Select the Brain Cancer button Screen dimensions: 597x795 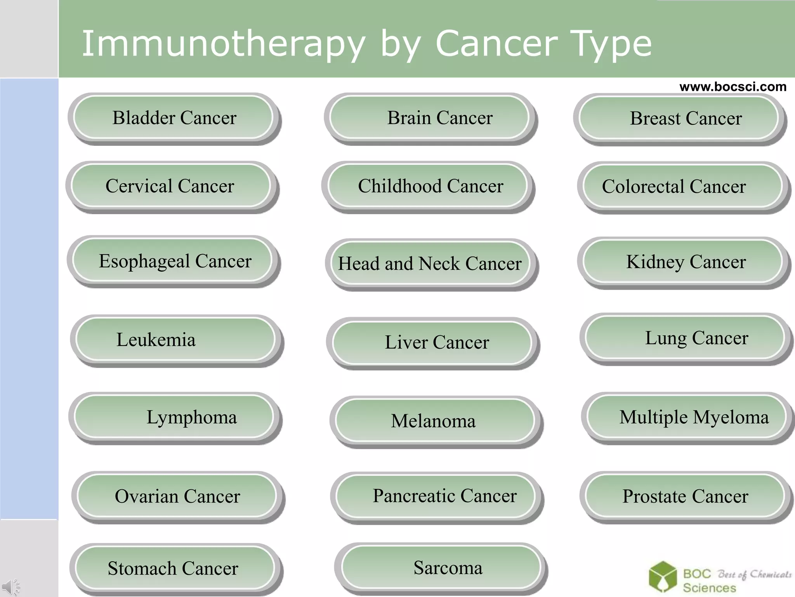[x=430, y=118]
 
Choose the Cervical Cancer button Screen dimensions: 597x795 [x=171, y=186]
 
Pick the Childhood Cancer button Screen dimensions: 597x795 [x=427, y=186]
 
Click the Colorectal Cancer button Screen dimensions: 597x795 [x=682, y=186]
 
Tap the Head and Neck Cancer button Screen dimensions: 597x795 [x=430, y=264]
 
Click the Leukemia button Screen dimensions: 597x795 [x=175, y=339]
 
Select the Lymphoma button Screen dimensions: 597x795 [x=174, y=417]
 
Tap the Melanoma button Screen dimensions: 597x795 [x=435, y=421]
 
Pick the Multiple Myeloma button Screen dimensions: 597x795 [x=686, y=417]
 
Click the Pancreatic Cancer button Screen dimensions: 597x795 [x=436, y=496]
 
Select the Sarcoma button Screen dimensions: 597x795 [x=441, y=567]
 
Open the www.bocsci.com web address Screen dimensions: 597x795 [x=733, y=86]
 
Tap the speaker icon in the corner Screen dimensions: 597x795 [x=10, y=587]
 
